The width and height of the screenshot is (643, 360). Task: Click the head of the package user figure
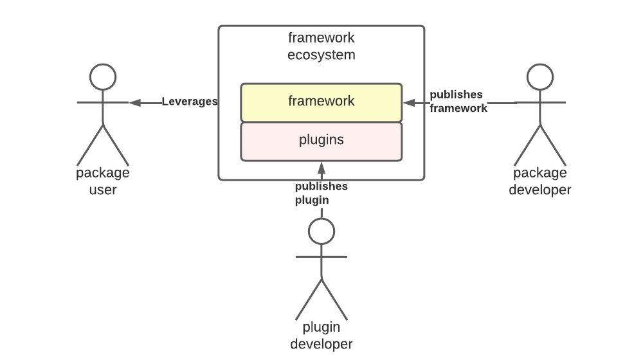point(103,77)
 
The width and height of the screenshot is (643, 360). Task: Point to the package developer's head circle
point(540,77)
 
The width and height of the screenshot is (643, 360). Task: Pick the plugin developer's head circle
point(321,231)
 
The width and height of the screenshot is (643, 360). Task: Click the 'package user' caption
point(103,181)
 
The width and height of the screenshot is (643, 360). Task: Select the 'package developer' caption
point(540,181)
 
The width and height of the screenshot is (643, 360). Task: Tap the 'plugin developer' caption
point(321,336)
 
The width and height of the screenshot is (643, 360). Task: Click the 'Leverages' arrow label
point(190,102)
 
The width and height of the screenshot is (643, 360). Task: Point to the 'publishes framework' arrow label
point(458,102)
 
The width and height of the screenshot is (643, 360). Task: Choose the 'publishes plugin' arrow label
point(321,193)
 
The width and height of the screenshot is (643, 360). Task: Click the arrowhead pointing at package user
point(134,102)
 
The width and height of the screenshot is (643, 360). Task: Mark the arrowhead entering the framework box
point(408,102)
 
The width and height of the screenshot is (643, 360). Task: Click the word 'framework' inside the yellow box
point(321,102)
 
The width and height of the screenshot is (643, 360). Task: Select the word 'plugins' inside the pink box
point(321,140)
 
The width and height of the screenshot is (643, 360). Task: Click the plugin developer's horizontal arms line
point(321,256)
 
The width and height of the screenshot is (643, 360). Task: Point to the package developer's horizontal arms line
point(540,102)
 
